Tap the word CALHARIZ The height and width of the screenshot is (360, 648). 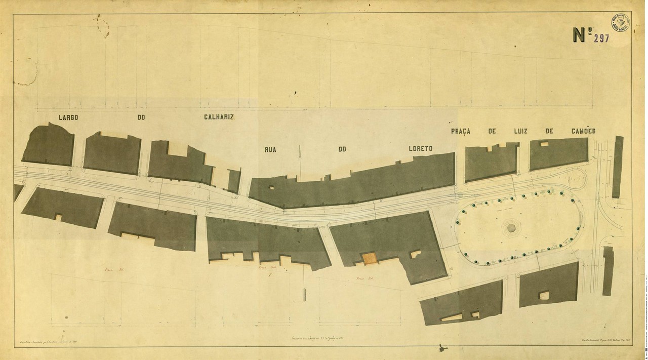pos(219,117)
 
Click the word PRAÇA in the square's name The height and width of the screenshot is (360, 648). pos(461,131)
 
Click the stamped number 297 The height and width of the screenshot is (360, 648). pos(601,38)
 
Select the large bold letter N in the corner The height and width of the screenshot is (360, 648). pos(579,35)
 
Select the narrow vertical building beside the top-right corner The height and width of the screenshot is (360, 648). pos(618,167)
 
